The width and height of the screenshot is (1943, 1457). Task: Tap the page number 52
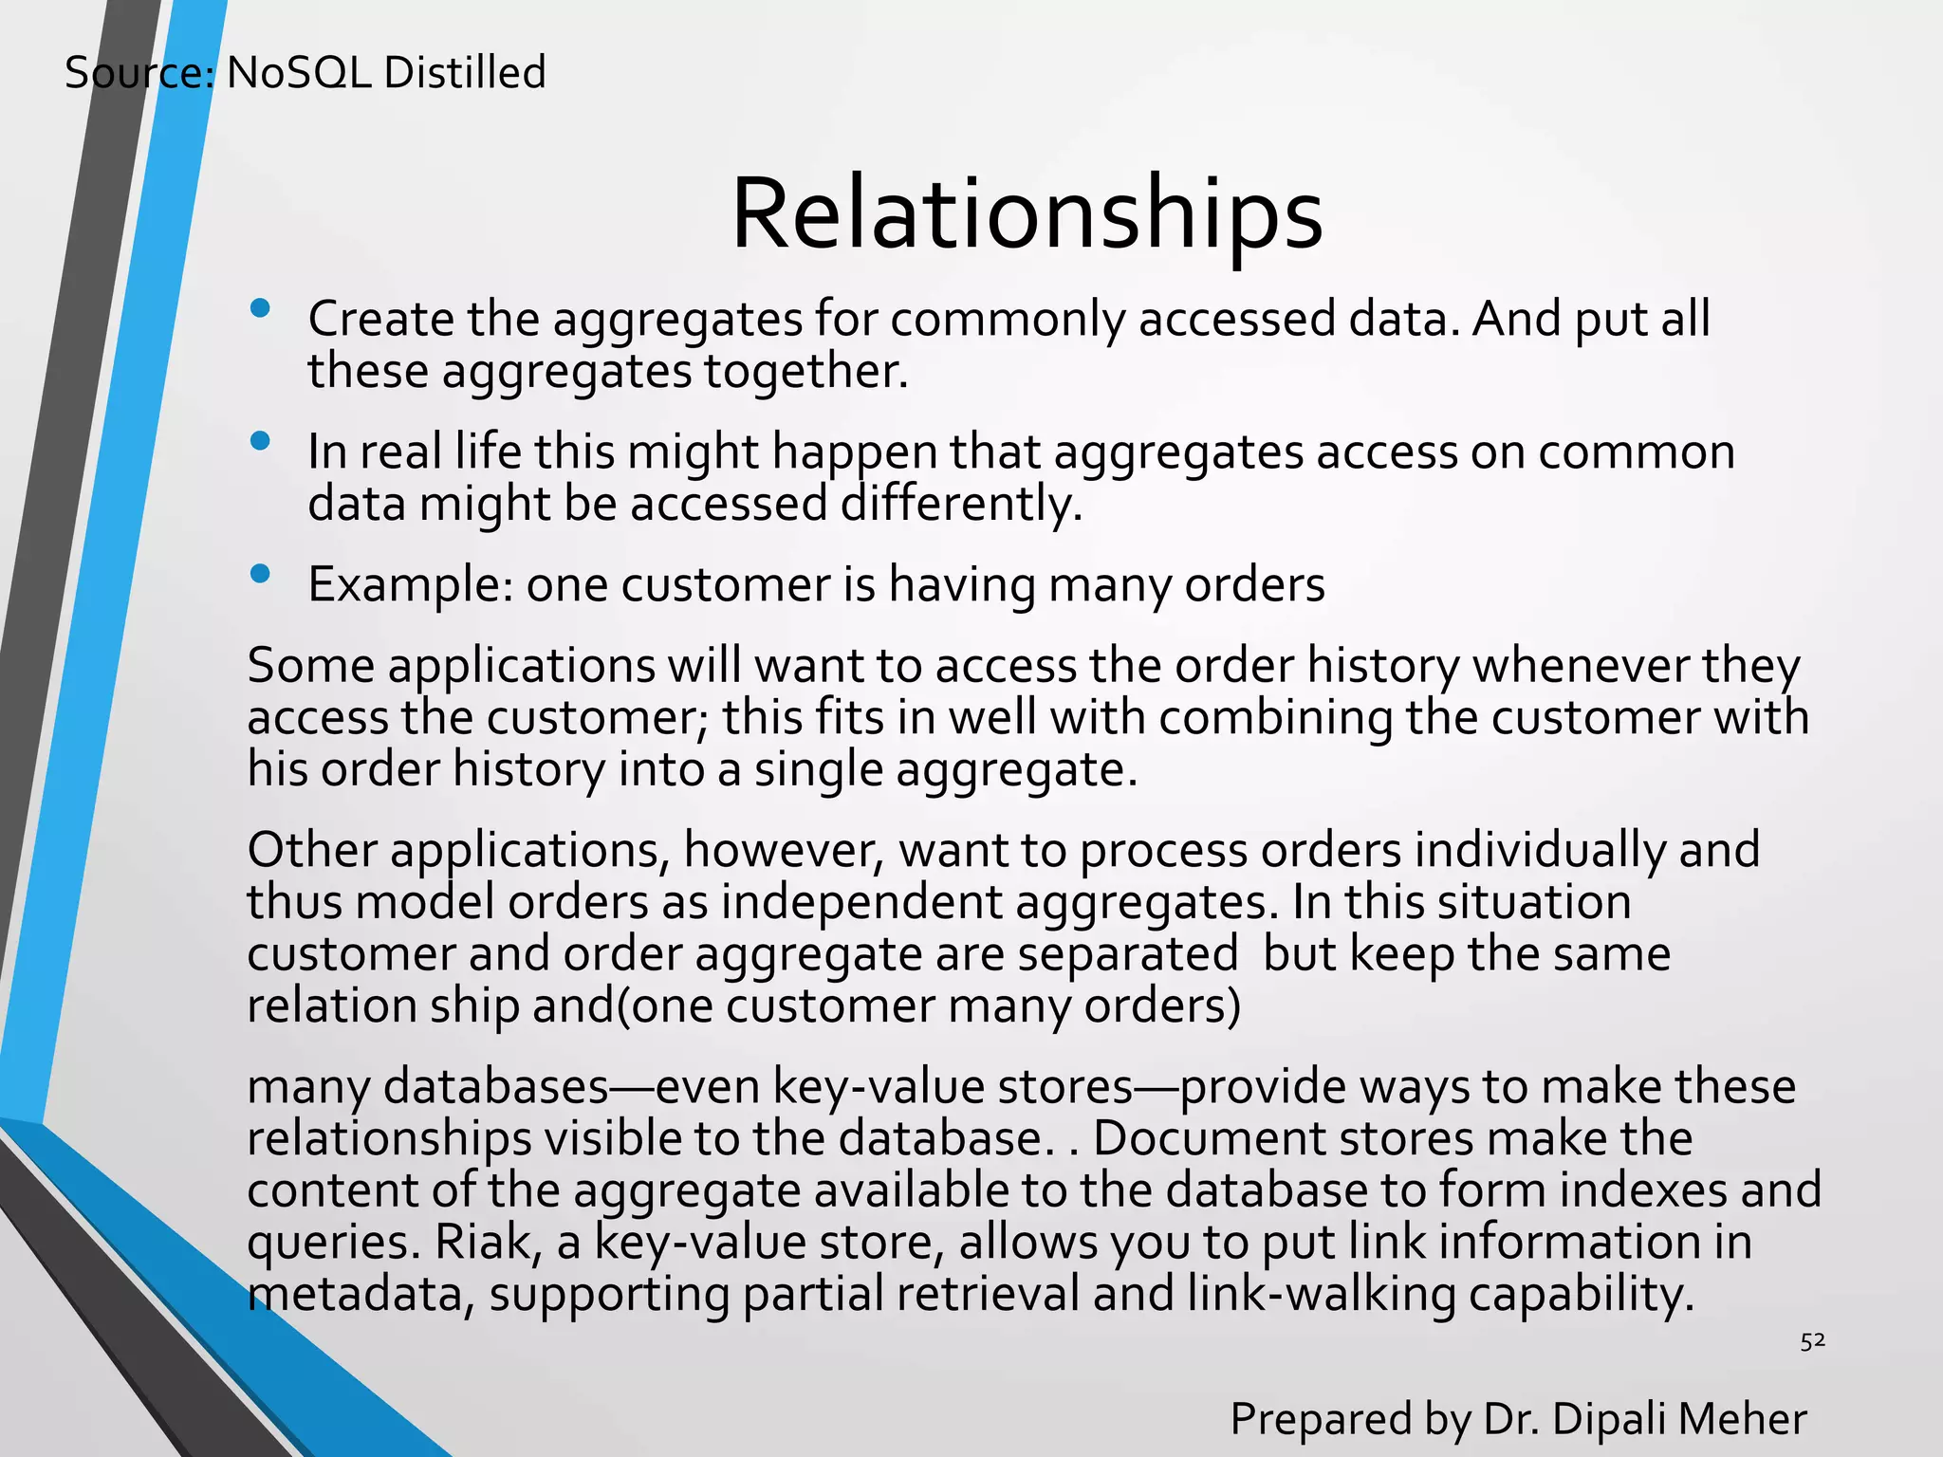pyautogui.click(x=1812, y=1340)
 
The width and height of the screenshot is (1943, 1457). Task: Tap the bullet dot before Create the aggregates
pyautogui.click(x=260, y=309)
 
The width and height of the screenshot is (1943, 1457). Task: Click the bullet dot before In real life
pyautogui.click(x=260, y=441)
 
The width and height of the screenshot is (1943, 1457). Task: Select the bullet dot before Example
pyautogui.click(x=260, y=574)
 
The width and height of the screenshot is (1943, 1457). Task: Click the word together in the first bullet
pyautogui.click(x=805, y=371)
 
